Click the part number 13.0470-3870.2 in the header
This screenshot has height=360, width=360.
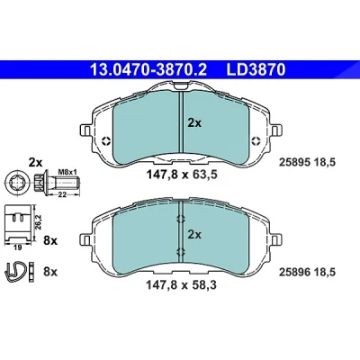(x=148, y=70)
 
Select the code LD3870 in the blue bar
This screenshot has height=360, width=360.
(x=256, y=70)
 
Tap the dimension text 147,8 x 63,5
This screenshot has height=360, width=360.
(x=181, y=175)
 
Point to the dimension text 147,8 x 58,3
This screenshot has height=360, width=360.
(x=181, y=285)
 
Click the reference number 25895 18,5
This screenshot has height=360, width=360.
(x=307, y=162)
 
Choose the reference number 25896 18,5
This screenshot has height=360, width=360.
(x=307, y=272)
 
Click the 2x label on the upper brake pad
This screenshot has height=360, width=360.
(x=194, y=123)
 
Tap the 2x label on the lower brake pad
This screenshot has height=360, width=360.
(x=194, y=234)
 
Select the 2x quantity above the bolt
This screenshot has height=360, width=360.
(x=35, y=163)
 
